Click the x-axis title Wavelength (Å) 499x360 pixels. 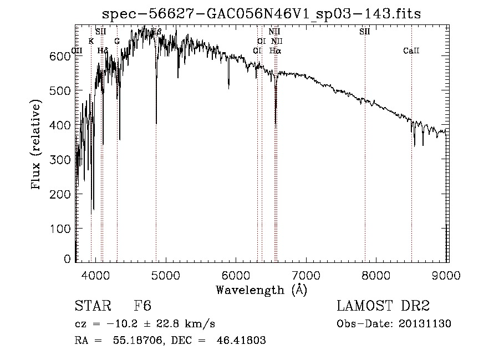point(261,290)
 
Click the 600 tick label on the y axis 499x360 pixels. point(62,56)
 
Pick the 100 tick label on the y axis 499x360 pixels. point(62,229)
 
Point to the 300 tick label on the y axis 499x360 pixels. point(62,160)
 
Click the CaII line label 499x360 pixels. point(411,51)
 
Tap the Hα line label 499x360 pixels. point(275,50)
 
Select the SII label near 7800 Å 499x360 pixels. point(364,32)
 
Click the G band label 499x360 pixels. point(117,41)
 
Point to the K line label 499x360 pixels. point(91,41)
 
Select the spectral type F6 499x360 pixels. point(142,307)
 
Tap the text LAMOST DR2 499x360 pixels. point(383,307)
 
